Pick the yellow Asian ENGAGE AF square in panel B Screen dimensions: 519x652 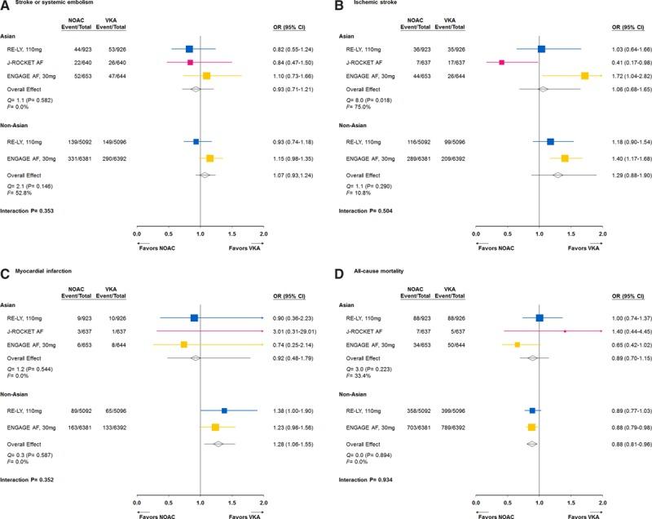click(x=584, y=75)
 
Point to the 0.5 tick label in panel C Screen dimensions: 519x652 click(x=167, y=491)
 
